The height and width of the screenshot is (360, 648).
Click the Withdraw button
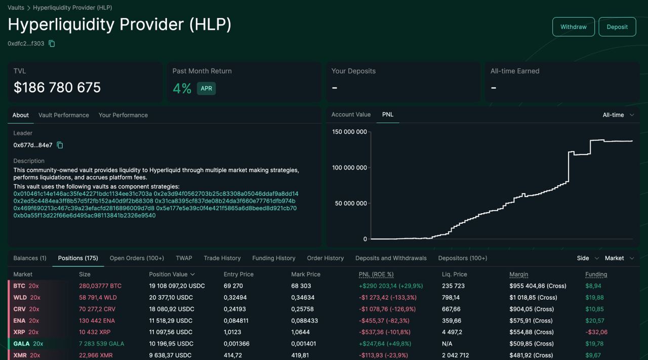click(574, 27)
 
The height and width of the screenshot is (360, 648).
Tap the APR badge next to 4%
click(206, 88)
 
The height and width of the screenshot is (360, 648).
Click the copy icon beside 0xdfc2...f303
click(52, 44)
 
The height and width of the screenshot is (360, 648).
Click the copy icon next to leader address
click(60, 145)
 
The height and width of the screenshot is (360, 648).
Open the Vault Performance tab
click(64, 115)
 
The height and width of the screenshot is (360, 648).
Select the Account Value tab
click(351, 114)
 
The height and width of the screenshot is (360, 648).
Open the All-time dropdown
click(618, 115)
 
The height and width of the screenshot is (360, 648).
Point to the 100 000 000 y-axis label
click(349, 168)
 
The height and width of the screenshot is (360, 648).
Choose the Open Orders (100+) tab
click(137, 258)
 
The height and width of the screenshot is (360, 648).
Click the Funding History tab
click(274, 258)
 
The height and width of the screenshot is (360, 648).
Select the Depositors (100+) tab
click(463, 258)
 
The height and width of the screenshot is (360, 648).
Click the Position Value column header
click(172, 274)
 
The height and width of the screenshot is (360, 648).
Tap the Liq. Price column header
click(455, 274)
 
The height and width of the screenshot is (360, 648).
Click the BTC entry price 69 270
click(233, 286)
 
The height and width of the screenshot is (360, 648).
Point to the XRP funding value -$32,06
click(596, 332)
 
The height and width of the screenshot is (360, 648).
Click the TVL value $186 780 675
click(57, 88)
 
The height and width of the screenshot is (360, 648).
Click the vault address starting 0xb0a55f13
click(85, 215)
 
